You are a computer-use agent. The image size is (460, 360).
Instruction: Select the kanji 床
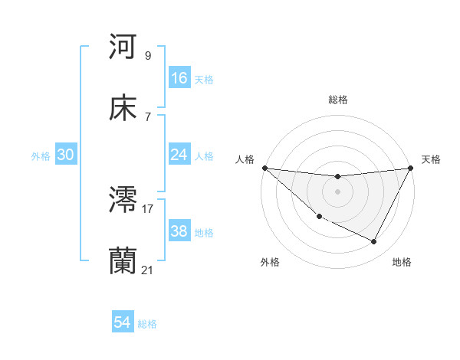click(123, 109)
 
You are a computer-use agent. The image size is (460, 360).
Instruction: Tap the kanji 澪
click(123, 201)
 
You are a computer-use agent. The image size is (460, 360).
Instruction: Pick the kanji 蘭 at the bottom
click(123, 262)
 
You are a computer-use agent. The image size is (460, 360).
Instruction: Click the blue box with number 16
click(179, 78)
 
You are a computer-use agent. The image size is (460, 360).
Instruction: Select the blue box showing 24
click(179, 155)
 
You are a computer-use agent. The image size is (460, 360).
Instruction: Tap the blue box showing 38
click(179, 231)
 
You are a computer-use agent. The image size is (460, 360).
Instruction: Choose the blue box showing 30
click(66, 155)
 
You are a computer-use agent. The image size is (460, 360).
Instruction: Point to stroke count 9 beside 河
click(148, 55)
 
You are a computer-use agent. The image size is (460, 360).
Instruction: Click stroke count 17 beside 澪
click(148, 208)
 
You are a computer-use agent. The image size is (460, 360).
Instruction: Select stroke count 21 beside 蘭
click(148, 270)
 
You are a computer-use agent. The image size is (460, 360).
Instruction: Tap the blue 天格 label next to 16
click(204, 79)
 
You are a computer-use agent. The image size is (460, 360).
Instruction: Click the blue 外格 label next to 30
click(41, 155)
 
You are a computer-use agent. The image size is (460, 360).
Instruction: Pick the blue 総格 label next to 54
click(147, 323)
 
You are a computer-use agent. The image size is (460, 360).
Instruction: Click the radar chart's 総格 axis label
click(337, 100)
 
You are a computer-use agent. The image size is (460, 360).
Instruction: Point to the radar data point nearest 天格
click(411, 168)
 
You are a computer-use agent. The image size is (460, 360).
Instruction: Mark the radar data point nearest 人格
click(264, 168)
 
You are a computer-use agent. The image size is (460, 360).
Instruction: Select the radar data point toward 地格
click(374, 242)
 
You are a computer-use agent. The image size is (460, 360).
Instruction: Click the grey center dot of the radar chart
click(337, 191)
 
